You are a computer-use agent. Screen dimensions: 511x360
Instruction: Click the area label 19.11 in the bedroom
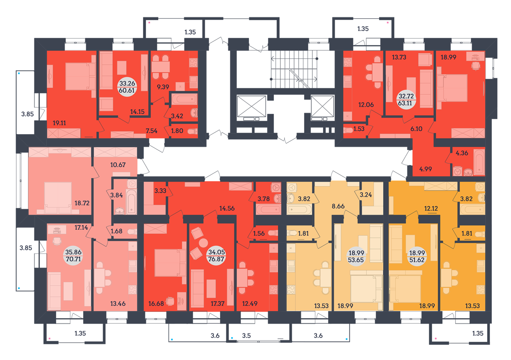(x=59, y=123)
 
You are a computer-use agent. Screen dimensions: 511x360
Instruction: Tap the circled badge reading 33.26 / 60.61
(x=127, y=87)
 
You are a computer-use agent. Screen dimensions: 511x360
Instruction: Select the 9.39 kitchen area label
(x=163, y=87)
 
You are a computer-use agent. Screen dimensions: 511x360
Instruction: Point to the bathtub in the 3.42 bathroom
(x=184, y=99)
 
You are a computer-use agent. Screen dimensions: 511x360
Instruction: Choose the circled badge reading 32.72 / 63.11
(x=406, y=100)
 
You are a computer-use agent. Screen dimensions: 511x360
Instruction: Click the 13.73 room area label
(x=399, y=57)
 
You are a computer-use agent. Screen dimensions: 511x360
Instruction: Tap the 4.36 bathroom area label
(x=462, y=153)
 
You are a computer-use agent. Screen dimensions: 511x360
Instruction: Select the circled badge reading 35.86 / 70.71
(x=73, y=256)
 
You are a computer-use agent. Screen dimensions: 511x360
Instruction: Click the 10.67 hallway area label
(x=118, y=165)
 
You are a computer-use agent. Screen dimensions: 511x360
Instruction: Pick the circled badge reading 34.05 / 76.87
(x=216, y=256)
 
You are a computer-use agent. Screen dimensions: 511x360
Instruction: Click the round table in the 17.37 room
(x=203, y=243)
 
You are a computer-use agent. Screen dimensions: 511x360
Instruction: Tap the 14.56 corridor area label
(x=227, y=208)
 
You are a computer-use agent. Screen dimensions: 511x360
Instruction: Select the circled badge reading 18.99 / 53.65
(x=356, y=256)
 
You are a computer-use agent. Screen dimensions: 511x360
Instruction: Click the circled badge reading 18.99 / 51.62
(x=417, y=256)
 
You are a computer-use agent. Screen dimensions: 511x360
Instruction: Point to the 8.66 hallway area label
(x=338, y=206)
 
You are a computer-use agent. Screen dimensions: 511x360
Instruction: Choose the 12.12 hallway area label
(x=431, y=208)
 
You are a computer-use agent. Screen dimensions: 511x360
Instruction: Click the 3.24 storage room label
(x=366, y=195)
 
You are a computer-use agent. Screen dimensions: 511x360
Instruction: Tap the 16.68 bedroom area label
(x=156, y=303)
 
